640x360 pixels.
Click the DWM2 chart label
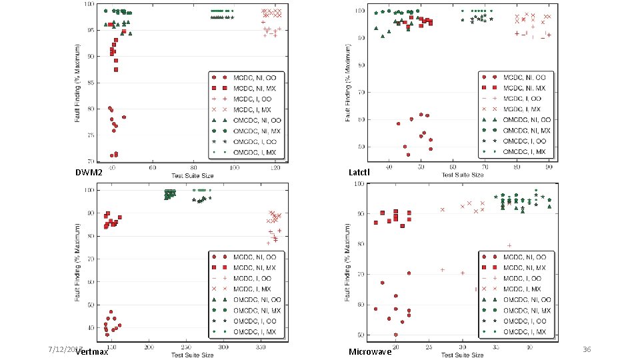[x=89, y=173]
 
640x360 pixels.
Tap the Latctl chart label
[x=359, y=173]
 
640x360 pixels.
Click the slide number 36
[x=587, y=350]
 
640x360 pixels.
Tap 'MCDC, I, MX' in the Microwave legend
[x=523, y=289]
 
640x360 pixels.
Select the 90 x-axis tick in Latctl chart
[x=548, y=168]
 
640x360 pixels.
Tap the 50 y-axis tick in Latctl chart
[x=361, y=147]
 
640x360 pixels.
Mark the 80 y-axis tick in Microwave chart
[x=361, y=244]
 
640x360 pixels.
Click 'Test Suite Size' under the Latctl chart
[x=459, y=175]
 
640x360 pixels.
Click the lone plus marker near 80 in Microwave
[x=510, y=246]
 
